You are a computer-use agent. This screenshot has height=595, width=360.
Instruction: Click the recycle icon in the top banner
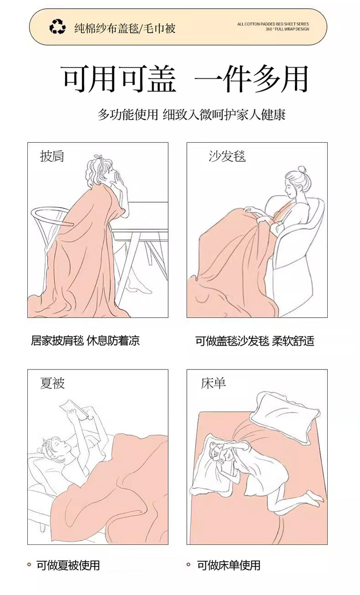57,28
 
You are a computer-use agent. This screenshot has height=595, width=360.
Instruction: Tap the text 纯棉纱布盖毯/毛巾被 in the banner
125,28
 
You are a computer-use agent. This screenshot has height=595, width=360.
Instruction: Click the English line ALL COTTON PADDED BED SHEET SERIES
273,24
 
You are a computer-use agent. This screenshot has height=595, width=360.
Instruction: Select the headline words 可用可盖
119,79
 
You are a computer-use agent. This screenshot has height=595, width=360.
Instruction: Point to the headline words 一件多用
251,79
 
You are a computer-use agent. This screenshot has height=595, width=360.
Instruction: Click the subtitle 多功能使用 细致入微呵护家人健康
191,114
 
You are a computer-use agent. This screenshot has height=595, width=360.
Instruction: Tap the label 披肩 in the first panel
52,156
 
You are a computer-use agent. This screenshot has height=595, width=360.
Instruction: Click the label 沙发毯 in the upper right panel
227,156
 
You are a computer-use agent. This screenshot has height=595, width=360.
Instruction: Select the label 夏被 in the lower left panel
52,383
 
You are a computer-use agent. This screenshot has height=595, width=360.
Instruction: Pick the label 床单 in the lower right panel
214,383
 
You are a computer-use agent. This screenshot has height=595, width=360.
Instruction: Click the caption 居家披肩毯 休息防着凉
85,340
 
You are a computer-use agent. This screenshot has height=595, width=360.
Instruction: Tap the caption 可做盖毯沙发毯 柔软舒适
255,340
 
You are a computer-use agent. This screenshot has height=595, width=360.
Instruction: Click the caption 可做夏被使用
68,565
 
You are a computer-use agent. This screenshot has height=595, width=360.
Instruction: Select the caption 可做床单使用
229,565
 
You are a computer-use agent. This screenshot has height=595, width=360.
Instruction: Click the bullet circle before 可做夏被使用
29,565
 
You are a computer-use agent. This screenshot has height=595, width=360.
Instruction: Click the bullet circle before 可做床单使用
189,565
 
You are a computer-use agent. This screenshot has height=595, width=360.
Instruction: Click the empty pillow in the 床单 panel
282,417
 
